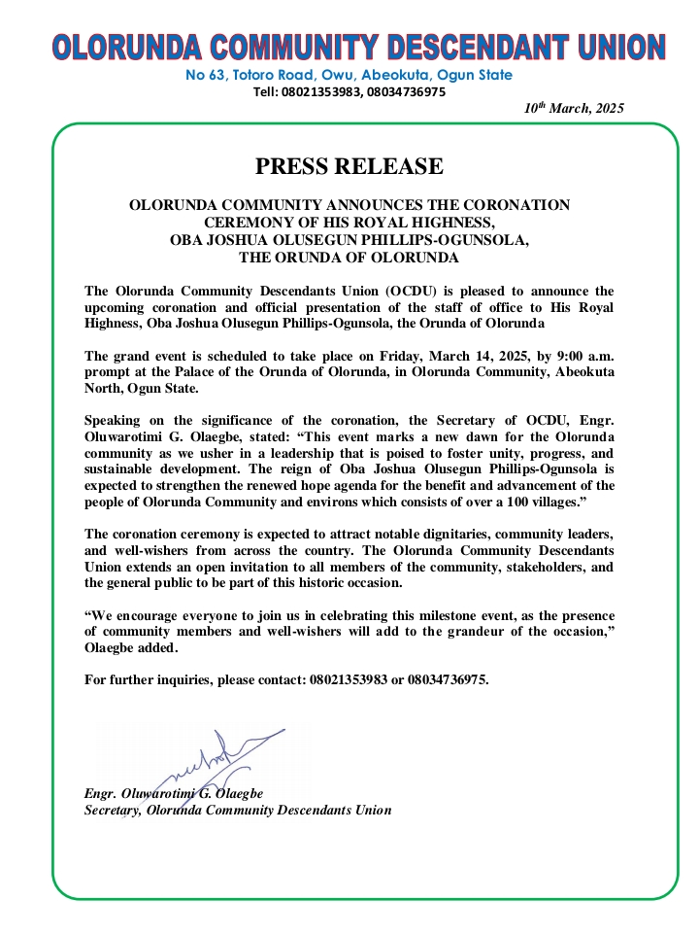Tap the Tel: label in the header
coord(266,92)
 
